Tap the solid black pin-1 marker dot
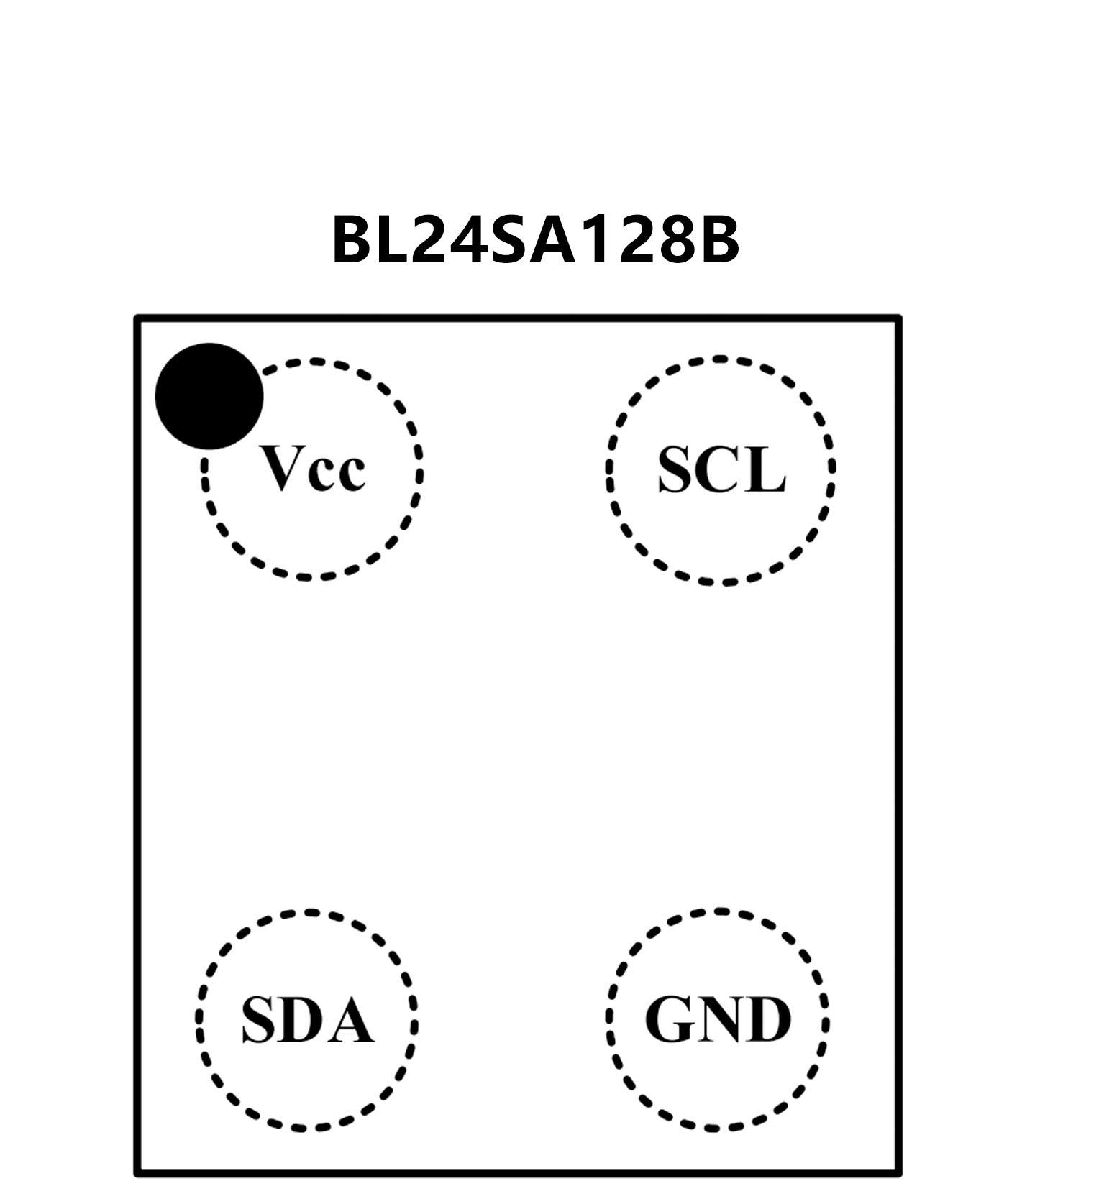(209, 396)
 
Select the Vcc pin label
(313, 469)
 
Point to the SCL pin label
(721, 469)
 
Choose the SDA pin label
(307, 1020)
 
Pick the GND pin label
(718, 1019)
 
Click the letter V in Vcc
(283, 468)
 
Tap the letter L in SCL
(765, 469)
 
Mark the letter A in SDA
(350, 1020)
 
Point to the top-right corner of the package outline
(898, 318)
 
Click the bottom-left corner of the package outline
(137, 1174)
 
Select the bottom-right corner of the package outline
(898, 1174)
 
